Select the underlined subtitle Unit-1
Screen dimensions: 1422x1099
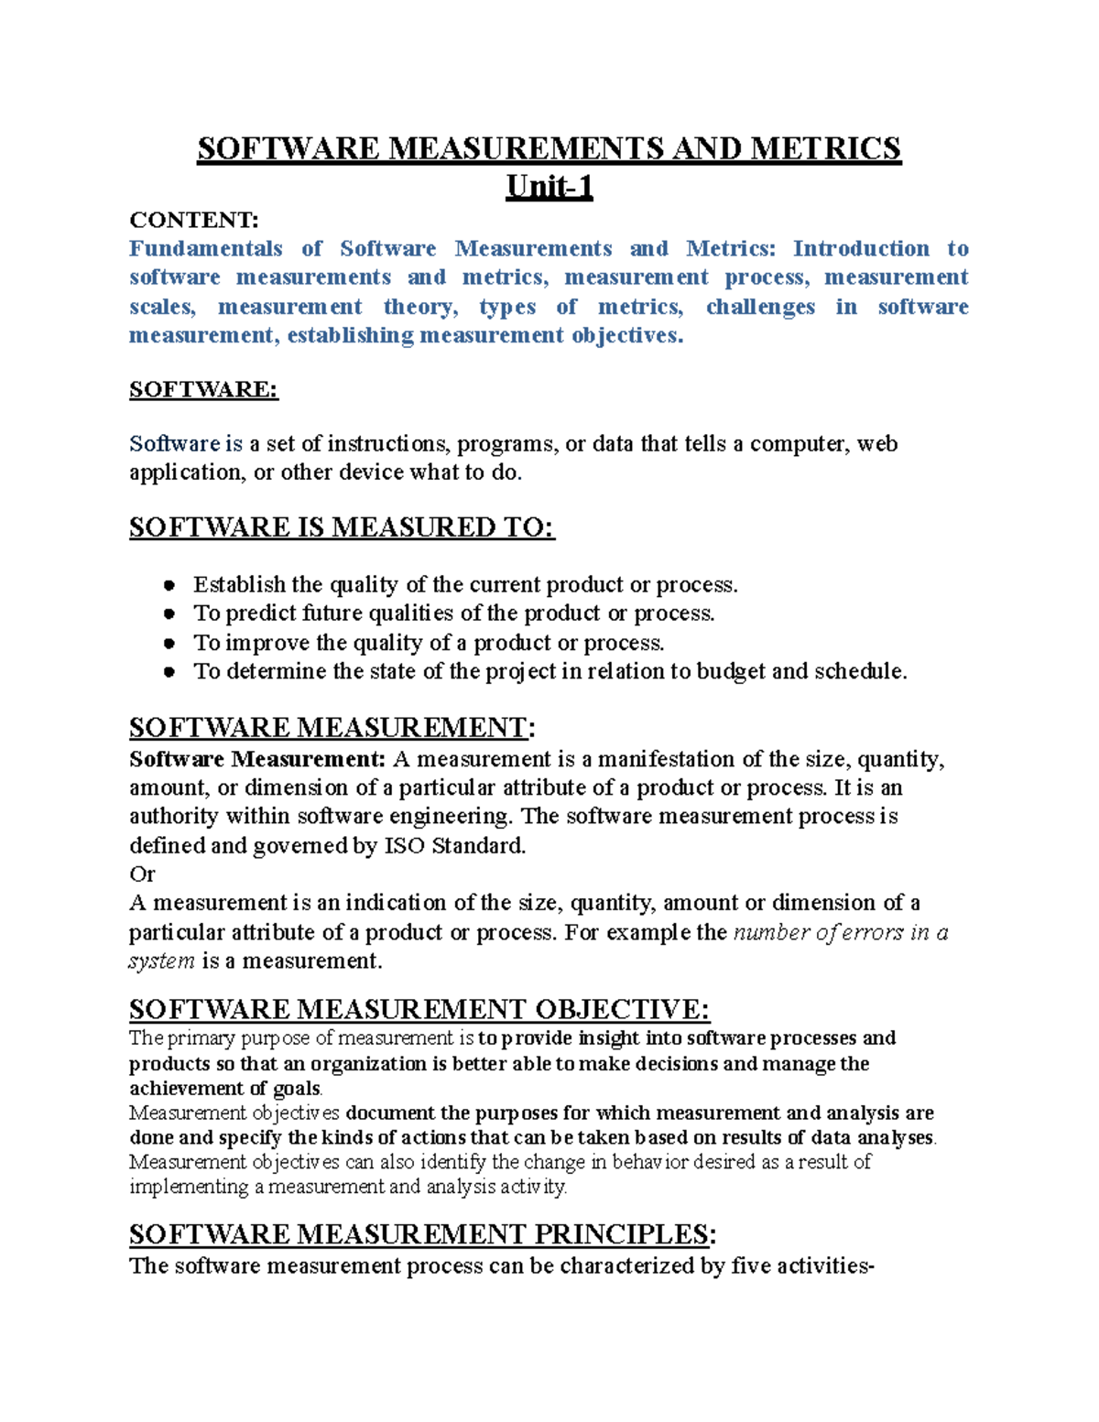(x=549, y=187)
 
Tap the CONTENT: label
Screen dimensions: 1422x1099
(x=194, y=220)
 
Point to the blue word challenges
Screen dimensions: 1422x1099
(x=760, y=307)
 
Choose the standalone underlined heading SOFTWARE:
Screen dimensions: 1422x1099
(x=203, y=389)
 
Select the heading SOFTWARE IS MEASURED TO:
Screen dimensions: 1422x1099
(x=342, y=527)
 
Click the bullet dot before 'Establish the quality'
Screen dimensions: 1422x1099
(x=169, y=585)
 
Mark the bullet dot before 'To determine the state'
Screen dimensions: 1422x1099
(x=169, y=672)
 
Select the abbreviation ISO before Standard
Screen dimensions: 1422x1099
(x=404, y=845)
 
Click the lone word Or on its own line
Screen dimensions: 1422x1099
(x=142, y=874)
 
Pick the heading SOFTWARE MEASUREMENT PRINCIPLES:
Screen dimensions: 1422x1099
(x=422, y=1234)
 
